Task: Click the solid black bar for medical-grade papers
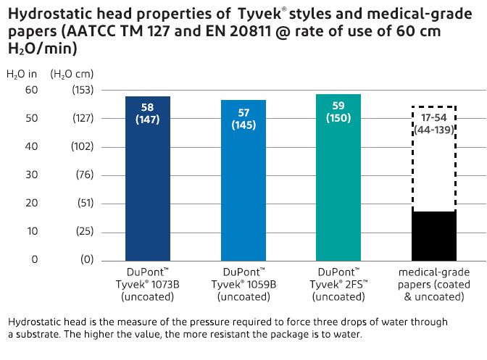click(433, 235)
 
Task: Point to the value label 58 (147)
click(148, 114)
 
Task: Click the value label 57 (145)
click(243, 119)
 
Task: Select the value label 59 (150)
click(338, 112)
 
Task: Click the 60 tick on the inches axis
click(30, 90)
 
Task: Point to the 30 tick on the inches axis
click(30, 175)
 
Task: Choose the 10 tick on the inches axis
click(30, 231)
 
